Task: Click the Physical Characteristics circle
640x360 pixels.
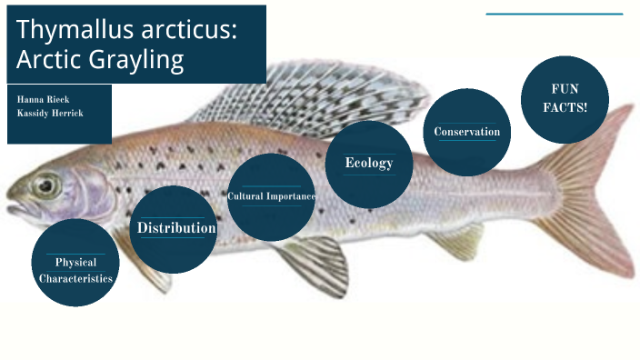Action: tap(75, 263)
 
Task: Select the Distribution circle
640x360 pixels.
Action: tap(175, 229)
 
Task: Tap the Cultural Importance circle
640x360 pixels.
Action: tap(271, 197)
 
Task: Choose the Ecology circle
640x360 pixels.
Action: tap(368, 164)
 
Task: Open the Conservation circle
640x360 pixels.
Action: tap(466, 133)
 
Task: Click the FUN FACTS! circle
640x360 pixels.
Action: tap(564, 98)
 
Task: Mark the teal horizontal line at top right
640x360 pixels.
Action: tap(554, 14)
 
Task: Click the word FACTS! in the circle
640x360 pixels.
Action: tap(565, 107)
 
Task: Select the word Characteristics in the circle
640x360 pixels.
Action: tap(76, 278)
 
